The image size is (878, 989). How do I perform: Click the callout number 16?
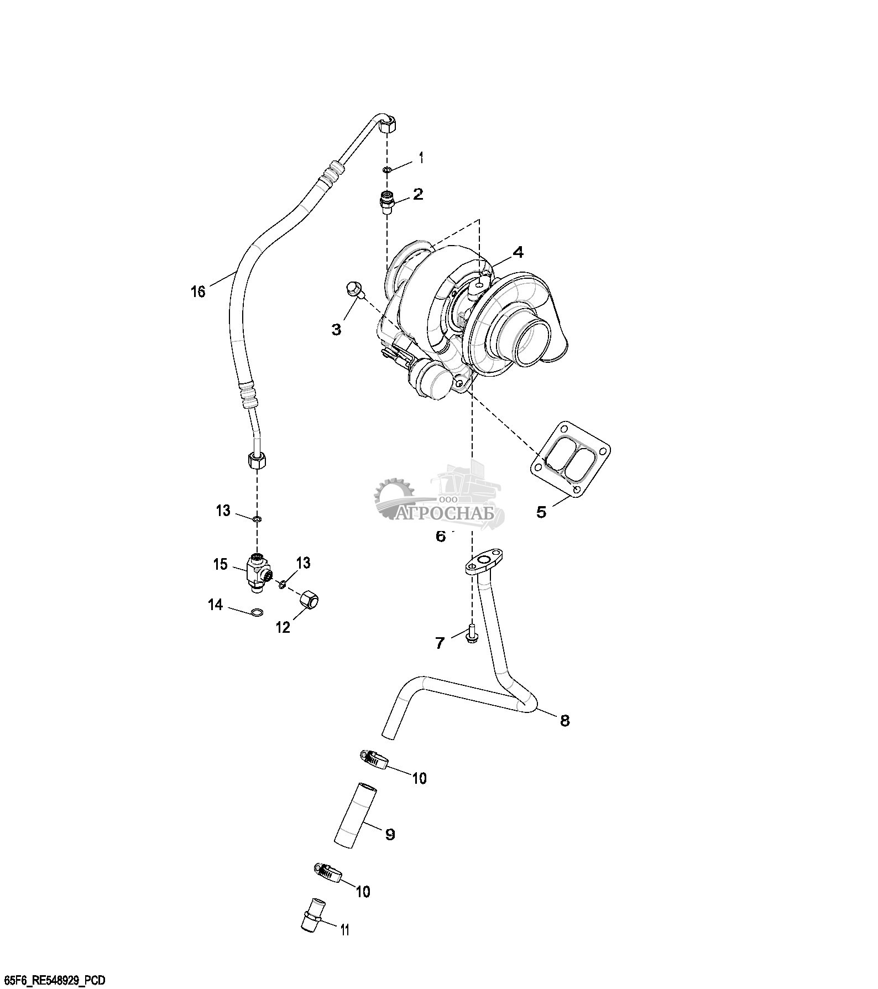point(198,291)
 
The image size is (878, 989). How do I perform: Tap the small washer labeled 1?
point(388,169)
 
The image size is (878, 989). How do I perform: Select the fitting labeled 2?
point(388,202)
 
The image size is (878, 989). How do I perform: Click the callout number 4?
point(518,252)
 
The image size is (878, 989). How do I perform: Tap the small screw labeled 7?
point(472,633)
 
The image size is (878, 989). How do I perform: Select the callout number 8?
point(565,721)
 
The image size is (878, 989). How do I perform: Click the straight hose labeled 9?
point(354,821)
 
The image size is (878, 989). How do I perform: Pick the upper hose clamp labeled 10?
point(373,759)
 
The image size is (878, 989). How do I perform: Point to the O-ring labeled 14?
point(257,612)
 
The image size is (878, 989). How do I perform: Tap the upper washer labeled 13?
point(257,519)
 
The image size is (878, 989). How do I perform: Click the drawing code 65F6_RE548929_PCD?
point(54,981)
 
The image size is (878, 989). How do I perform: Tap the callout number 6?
point(441,537)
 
